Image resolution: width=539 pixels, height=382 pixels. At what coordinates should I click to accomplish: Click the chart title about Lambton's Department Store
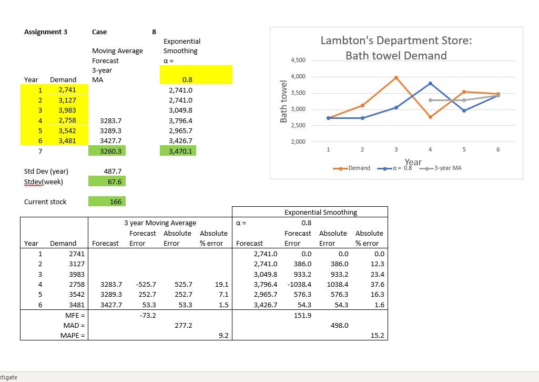pos(396,48)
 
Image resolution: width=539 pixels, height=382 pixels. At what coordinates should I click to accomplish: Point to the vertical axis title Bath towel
pos(284,102)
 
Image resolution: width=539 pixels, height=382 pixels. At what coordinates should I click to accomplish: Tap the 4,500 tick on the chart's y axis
pos(298,61)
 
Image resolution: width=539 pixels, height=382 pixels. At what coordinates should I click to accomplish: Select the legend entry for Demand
pos(352,168)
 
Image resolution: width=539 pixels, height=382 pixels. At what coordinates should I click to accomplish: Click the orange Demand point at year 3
pos(396,77)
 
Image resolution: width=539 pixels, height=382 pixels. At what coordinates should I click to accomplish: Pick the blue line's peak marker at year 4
pos(430,84)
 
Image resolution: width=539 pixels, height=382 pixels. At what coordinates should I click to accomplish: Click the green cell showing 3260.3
pos(107,151)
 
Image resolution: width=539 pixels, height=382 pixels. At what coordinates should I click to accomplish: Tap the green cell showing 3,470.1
pos(178,151)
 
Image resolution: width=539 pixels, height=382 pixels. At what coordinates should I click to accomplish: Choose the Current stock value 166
pos(107,202)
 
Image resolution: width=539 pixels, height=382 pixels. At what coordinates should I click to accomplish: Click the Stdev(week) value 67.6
pos(107,182)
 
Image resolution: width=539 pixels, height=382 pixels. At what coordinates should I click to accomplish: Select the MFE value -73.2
pos(147,315)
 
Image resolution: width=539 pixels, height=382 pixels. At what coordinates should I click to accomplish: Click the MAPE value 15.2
pos(377,335)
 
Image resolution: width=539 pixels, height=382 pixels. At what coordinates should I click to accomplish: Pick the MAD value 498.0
pos(339,325)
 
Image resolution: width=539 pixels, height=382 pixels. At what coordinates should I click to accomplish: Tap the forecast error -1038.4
pos(299,284)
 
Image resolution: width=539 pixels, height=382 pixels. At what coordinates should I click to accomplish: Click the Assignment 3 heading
pos(46,32)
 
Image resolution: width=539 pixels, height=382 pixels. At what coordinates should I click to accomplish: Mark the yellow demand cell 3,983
pos(67,110)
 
